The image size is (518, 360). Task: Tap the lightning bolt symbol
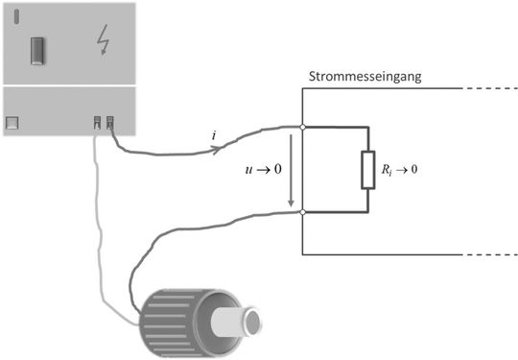coord(103,39)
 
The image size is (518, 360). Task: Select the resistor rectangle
coord(368,169)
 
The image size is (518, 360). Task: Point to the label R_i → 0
coord(400,169)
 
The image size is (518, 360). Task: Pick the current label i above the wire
coord(213,135)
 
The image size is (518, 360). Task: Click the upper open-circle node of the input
coord(302,126)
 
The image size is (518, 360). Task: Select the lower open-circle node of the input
coord(302,212)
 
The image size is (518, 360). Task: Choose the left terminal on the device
coord(97,122)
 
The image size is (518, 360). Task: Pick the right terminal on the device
coord(110,122)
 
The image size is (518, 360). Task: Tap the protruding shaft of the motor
coord(240,320)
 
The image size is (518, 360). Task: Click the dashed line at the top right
coord(487,88)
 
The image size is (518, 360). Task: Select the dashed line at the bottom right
coord(487,255)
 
